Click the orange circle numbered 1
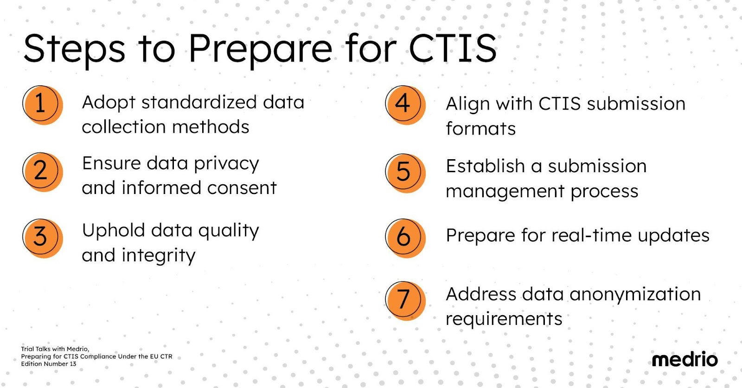[x=43, y=105]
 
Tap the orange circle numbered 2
[x=43, y=172]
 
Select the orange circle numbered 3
[x=43, y=239]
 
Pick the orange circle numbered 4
[x=405, y=105]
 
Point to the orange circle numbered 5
[x=405, y=173]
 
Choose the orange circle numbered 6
[x=405, y=239]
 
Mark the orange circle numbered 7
[x=405, y=301]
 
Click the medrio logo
[x=684, y=359]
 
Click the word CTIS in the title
[x=453, y=48]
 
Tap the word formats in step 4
[x=480, y=128]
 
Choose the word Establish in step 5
[x=485, y=166]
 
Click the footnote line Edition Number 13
[x=49, y=364]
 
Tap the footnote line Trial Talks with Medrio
[x=55, y=349]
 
